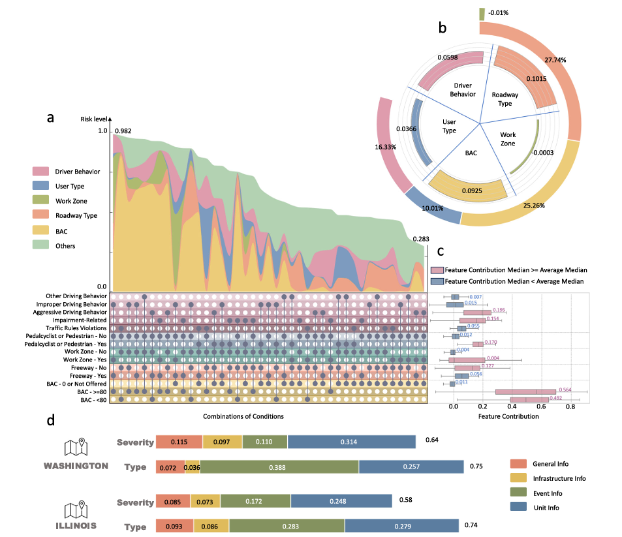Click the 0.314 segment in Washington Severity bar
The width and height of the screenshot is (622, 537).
click(x=351, y=442)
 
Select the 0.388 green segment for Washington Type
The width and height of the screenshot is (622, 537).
click(x=279, y=467)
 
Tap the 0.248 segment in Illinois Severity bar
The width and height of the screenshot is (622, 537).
click(x=341, y=500)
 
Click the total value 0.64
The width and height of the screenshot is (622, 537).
click(x=431, y=440)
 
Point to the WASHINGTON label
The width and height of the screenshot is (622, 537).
click(x=76, y=466)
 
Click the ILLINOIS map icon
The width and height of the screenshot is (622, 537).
click(x=75, y=509)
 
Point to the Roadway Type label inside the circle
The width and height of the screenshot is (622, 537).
click(x=505, y=99)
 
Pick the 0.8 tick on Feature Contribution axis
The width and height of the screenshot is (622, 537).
click(x=570, y=406)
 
